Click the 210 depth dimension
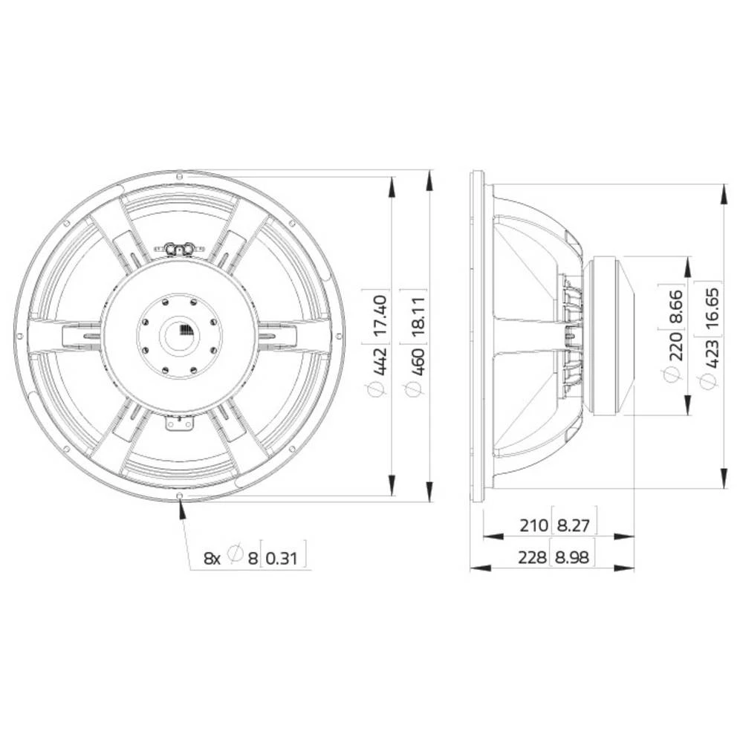533,526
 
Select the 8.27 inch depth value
573,526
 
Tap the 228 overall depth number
532,557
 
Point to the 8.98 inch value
573,557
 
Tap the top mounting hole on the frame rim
180,175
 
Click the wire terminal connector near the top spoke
179,249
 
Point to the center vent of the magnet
180,332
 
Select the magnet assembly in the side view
609,336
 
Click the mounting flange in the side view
477,336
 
